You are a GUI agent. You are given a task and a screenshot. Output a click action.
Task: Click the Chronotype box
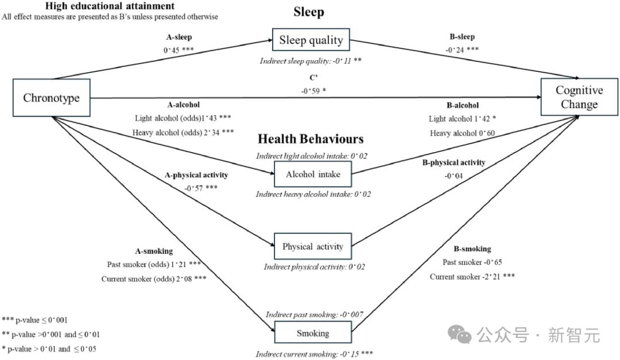click(x=51, y=98)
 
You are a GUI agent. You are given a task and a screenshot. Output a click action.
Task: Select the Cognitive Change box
click(x=579, y=98)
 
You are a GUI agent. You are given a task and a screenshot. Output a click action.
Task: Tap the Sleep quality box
click(x=311, y=40)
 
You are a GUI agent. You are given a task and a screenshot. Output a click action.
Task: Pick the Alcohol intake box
click(x=313, y=175)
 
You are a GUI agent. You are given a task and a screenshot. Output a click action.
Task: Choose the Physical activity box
click(x=312, y=247)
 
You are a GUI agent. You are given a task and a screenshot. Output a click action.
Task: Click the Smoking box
click(x=313, y=334)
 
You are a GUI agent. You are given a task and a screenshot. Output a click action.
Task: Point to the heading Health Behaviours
click(x=311, y=139)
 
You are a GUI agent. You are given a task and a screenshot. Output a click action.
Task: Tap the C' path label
click(x=312, y=78)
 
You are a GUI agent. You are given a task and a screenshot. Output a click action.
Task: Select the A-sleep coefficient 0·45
click(x=178, y=49)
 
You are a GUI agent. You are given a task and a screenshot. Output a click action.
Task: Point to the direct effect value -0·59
click(x=313, y=90)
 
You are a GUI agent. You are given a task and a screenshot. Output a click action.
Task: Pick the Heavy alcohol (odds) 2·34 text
click(x=183, y=133)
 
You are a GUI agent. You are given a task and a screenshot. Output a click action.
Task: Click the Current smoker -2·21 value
click(x=472, y=277)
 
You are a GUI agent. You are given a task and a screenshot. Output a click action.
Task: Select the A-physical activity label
click(x=197, y=175)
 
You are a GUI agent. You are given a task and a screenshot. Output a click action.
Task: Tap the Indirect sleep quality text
click(x=310, y=60)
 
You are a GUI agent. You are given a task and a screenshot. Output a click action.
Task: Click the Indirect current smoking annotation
click(x=315, y=354)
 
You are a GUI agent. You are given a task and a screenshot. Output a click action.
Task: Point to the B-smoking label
click(x=472, y=249)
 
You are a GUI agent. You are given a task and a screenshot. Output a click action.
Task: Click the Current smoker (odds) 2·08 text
click(x=153, y=279)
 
